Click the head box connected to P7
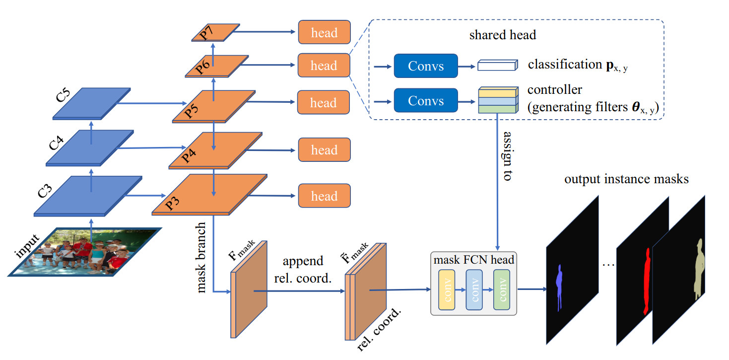pyautogui.click(x=324, y=33)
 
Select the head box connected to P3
pyautogui.click(x=324, y=196)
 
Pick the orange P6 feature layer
pyautogui.click(x=216, y=66)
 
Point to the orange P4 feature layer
pyautogui.click(x=216, y=150)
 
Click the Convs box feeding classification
pyautogui.click(x=425, y=65)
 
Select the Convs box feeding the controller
pyautogui.click(x=425, y=101)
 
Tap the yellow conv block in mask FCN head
pyautogui.click(x=447, y=291)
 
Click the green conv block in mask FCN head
pyautogui.click(x=502, y=291)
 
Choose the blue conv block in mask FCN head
pyautogui.click(x=474, y=291)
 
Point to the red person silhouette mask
pyautogui.click(x=647, y=281)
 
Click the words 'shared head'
pyautogui.click(x=502, y=35)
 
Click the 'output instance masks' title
pyautogui.click(x=626, y=179)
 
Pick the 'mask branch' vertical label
pyautogui.click(x=202, y=261)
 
